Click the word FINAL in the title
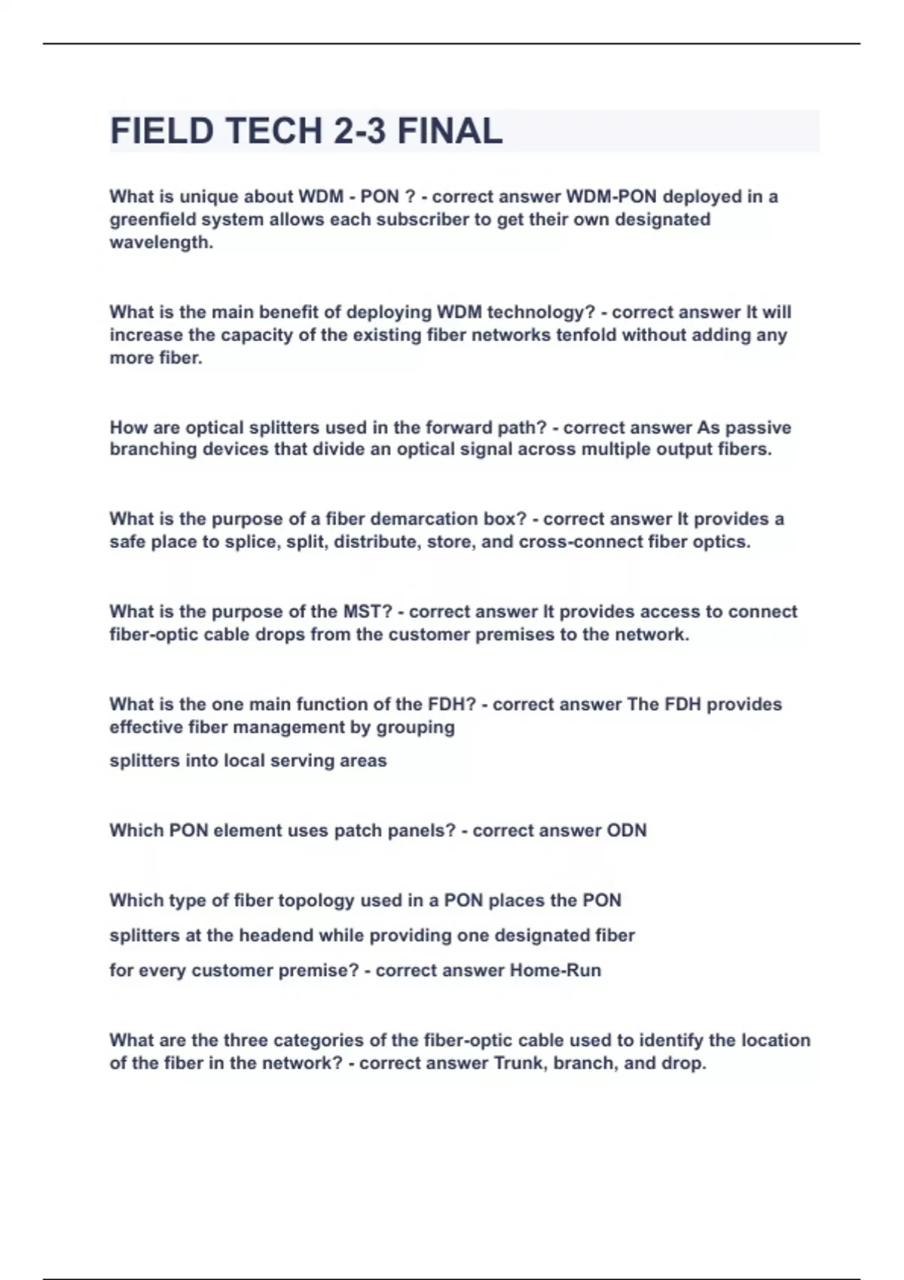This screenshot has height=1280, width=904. click(450, 131)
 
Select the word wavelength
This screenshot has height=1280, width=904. click(160, 242)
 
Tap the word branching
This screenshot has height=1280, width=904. click(154, 450)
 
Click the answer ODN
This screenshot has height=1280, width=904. click(627, 830)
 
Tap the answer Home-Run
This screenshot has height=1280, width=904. click(555, 971)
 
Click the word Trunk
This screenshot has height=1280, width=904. click(520, 1063)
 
